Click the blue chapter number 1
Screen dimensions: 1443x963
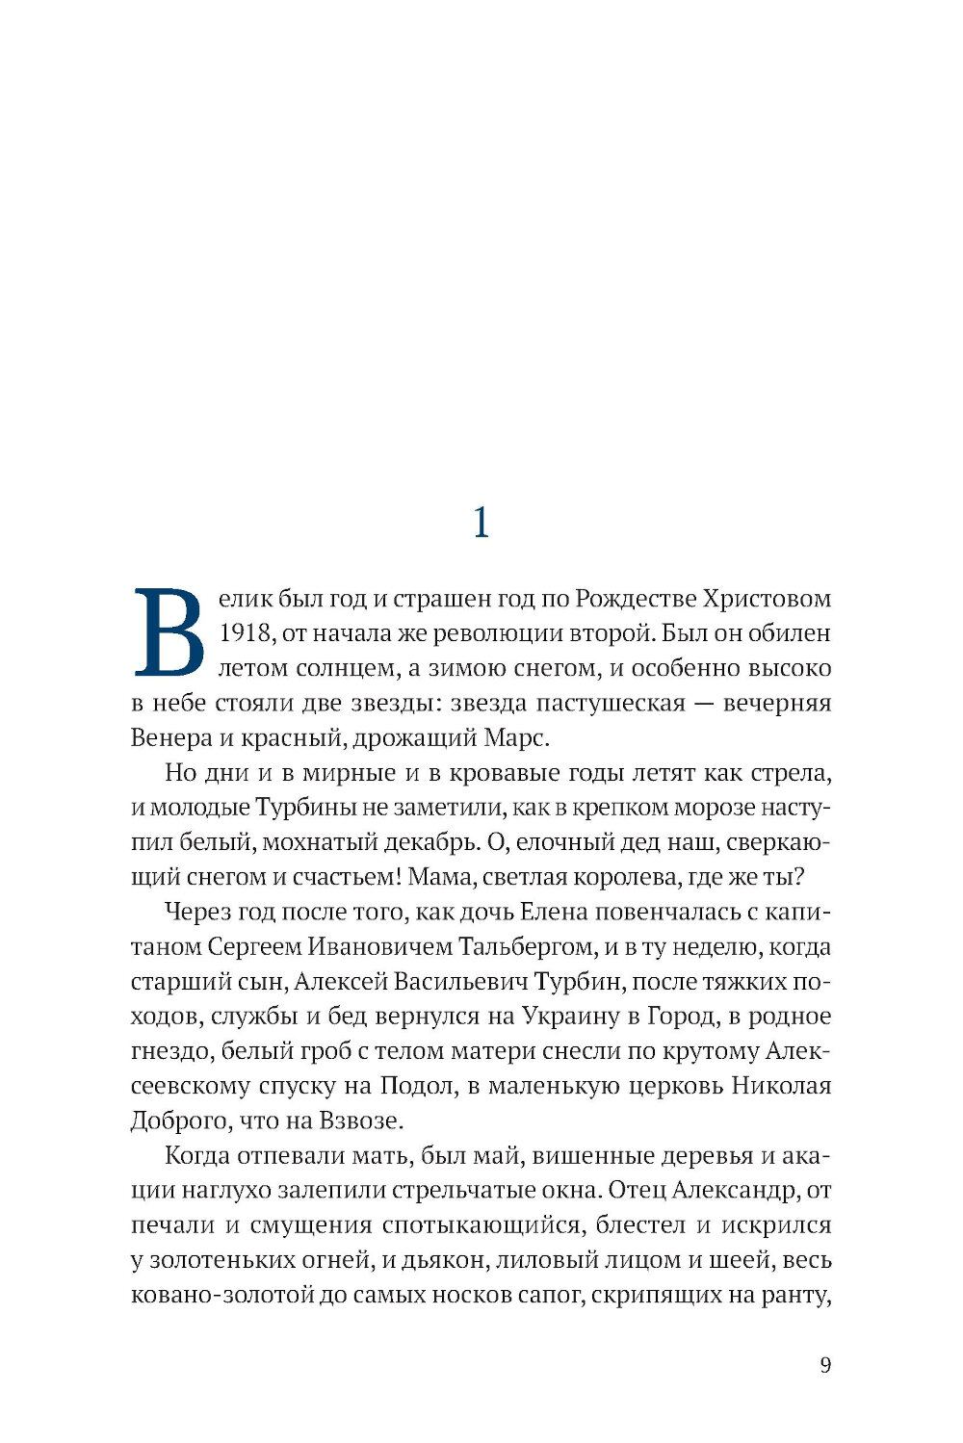point(481,523)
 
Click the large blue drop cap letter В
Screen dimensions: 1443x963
point(169,632)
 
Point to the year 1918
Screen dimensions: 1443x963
point(245,633)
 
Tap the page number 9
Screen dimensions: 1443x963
point(824,1365)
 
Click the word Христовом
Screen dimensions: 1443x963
point(767,599)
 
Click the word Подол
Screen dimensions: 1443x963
point(418,1086)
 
